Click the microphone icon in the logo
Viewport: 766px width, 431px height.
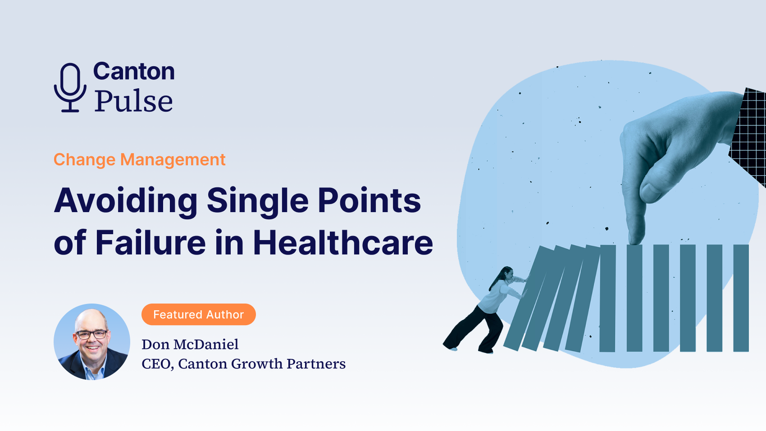coord(70,87)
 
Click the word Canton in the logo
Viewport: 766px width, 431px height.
coord(134,71)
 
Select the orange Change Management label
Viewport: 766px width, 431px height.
coord(140,159)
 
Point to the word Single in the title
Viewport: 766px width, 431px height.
coord(257,202)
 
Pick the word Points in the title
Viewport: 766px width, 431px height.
coord(369,200)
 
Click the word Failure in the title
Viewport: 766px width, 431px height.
coord(150,242)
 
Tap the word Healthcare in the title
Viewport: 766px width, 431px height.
coord(343,242)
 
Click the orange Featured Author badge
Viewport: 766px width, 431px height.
coord(199,314)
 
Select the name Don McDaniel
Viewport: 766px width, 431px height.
coord(190,345)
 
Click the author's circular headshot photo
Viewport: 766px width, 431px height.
coord(92,342)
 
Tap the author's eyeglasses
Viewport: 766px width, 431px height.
coord(91,334)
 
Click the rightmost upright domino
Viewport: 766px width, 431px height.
coord(741,298)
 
